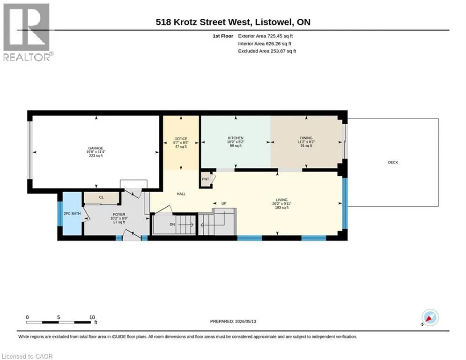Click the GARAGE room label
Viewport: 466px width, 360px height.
coord(96,148)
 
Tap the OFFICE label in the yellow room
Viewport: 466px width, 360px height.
coord(181,139)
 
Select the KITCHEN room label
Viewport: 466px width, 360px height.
coord(236,138)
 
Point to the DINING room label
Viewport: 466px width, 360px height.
coord(306,138)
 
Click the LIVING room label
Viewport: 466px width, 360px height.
coord(282,200)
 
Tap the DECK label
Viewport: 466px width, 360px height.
coord(393,163)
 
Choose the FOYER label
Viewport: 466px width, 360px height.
coord(119,215)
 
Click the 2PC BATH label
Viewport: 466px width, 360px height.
coord(72,214)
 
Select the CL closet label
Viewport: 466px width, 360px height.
coord(101,197)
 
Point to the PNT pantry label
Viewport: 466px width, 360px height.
coord(205,179)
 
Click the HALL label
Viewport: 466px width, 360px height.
coord(181,194)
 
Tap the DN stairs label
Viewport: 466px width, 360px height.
coord(172,225)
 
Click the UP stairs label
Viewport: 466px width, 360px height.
coord(224,203)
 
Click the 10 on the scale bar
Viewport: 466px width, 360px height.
coord(92,317)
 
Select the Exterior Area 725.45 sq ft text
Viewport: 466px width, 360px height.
coord(266,36)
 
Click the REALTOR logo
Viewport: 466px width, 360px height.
coord(27,32)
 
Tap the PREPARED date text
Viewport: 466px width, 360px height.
coord(233,321)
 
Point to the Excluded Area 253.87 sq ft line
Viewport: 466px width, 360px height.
coord(267,51)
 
